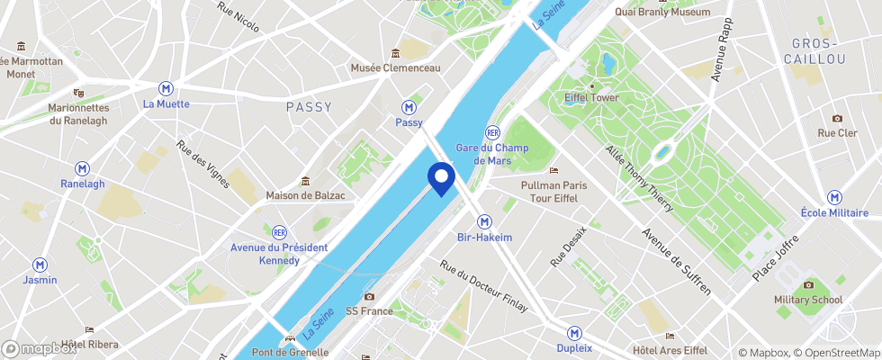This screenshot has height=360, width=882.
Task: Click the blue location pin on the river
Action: (441, 177)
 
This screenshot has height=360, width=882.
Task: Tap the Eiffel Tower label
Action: (591, 97)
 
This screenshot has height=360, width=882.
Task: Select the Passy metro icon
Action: (409, 105)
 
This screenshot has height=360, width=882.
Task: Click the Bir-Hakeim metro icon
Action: (484, 220)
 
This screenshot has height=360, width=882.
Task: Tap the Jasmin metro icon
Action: (40, 265)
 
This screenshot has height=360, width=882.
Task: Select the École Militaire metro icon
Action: (836, 197)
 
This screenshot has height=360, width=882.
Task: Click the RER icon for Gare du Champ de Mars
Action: (492, 131)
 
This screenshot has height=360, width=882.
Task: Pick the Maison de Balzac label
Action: (306, 195)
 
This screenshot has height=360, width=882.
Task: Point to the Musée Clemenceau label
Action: (396, 68)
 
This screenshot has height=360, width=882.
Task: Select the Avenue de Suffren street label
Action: (675, 261)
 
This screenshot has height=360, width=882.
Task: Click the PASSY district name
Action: (309, 107)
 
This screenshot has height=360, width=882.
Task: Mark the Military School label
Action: (807, 300)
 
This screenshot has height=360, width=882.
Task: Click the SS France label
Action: (369, 311)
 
